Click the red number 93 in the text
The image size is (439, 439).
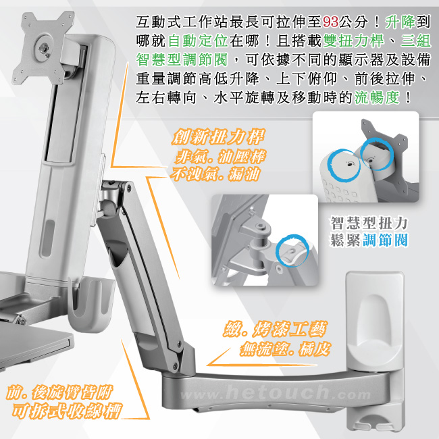click(x=330, y=22)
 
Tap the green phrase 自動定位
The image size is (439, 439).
click(x=198, y=41)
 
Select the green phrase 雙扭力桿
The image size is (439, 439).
click(x=353, y=41)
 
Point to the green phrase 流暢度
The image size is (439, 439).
click(x=377, y=98)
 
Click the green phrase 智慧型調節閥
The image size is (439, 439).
click(x=182, y=60)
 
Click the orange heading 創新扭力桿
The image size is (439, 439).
click(x=218, y=137)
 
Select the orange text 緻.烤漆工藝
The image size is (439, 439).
click(x=275, y=330)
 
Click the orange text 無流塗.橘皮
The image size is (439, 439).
click(x=285, y=349)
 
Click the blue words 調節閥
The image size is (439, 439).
click(x=385, y=240)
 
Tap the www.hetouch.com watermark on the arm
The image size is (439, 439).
click(x=276, y=393)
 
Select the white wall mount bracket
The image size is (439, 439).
click(x=375, y=350)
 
